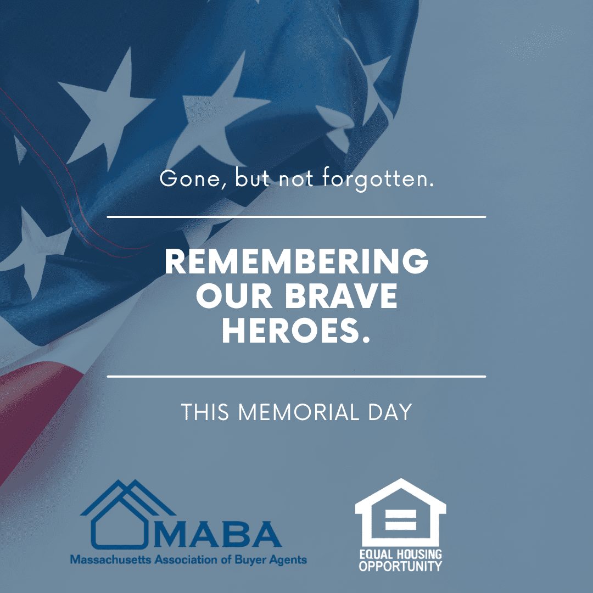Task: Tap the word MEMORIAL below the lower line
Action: coord(298,412)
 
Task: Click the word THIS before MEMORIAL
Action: coord(205,412)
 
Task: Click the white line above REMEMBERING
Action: coord(296,217)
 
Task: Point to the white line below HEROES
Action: coord(296,376)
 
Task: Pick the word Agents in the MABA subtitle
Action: coord(288,560)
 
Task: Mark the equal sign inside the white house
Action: coord(401,520)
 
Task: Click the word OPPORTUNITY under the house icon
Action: coord(400,566)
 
